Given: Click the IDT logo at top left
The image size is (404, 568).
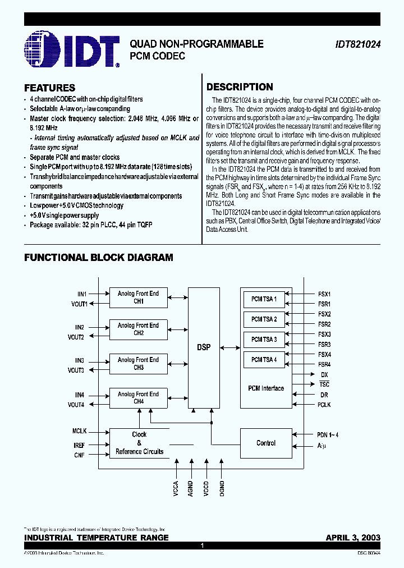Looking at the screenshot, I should pos(72,51).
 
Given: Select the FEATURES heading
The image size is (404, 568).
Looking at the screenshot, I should pos(50,88).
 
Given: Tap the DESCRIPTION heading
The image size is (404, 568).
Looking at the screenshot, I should pos(240,87).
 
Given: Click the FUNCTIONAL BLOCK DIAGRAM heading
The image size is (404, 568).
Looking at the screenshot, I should pos(98,258).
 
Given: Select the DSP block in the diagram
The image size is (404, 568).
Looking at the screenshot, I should pos(204,347).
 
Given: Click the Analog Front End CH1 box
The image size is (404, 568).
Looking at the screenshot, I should pos(138,297).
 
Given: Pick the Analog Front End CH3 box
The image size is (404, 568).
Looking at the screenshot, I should pos(138,364).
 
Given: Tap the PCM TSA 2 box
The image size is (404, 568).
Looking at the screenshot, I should pos(264,319).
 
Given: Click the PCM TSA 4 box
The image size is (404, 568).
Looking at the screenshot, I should pos(264,360).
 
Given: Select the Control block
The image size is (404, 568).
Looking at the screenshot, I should pos(265,443).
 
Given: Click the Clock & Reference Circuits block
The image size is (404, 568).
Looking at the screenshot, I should pos(139,443).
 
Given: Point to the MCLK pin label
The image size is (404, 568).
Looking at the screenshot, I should pos(80,431).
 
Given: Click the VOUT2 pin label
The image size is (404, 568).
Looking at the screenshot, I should pos(76,337).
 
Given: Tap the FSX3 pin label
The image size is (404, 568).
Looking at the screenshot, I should pos(324,335).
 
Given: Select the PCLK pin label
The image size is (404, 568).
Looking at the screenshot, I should pos(324,405).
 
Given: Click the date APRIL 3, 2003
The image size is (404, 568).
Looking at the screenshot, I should pos(353,537).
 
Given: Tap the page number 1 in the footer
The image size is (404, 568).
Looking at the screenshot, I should pos(202,545).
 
